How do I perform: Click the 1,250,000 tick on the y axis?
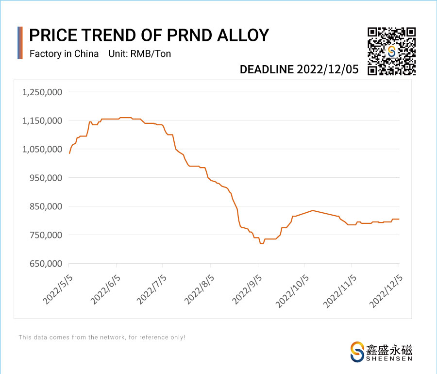(x=41, y=92)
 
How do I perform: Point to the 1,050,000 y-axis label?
(x=41, y=149)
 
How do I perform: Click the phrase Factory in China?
(x=64, y=53)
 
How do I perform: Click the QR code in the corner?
(x=391, y=51)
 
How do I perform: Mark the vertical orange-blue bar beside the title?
(x=20, y=43)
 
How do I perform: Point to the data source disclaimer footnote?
(x=102, y=337)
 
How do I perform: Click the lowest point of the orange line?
(x=262, y=243)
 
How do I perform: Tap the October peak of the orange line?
(x=312, y=210)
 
